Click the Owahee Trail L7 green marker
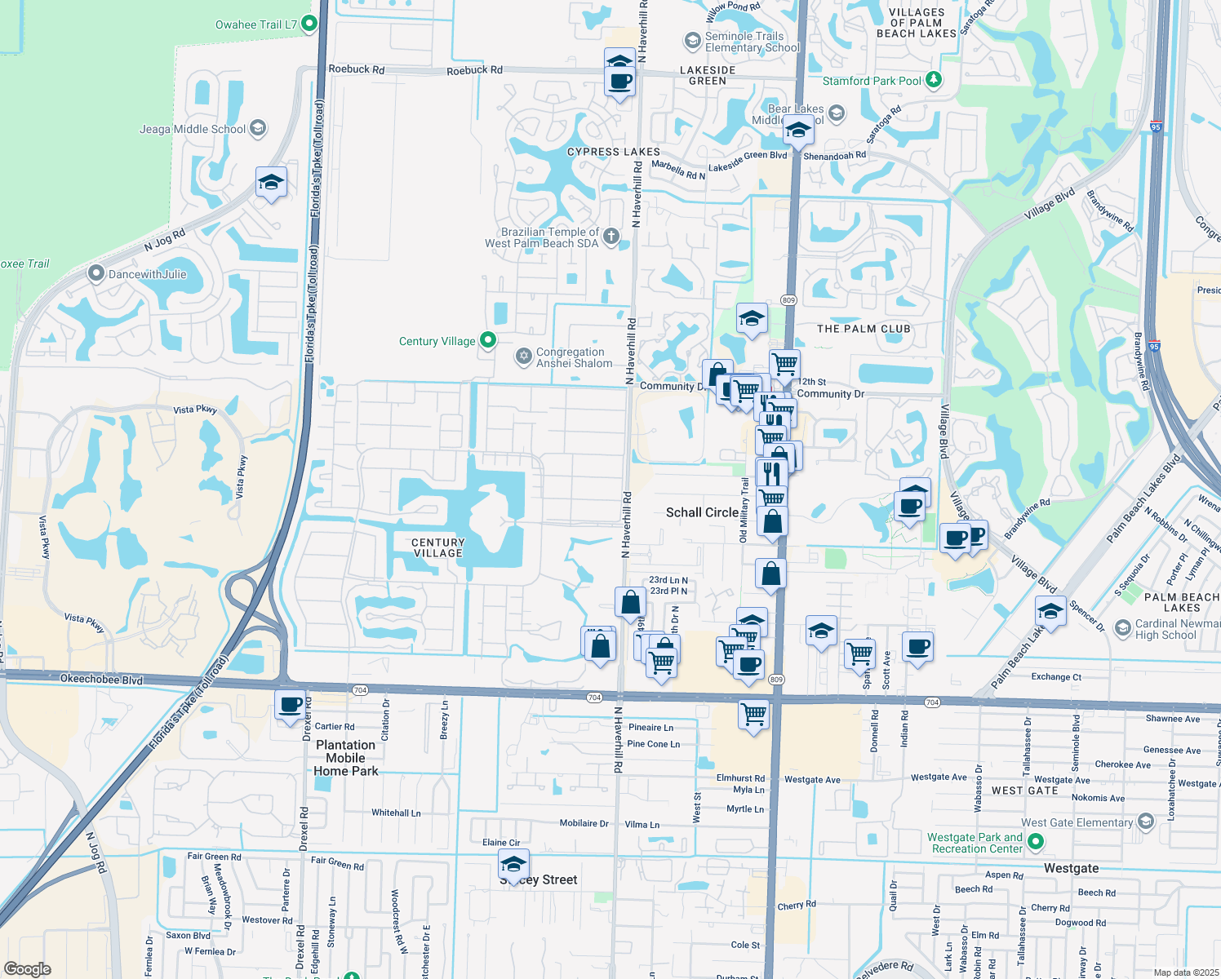[309, 24]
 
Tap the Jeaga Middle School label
[193, 129]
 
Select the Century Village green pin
[488, 340]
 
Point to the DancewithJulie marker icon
[96, 273]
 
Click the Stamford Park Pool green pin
[935, 80]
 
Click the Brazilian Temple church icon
[611, 237]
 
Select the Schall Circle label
[702, 512]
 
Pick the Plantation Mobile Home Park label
[346, 758]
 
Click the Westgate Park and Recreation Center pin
[1036, 841]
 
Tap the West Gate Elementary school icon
[1145, 821]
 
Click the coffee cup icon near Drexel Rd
[290, 704]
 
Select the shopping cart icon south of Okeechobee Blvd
[753, 715]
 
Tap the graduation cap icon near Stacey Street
[513, 864]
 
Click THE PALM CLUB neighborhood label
[864, 329]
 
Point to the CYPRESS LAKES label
[613, 152]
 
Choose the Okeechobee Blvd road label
[101, 680]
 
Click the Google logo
[27, 969]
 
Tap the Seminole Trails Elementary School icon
[692, 41]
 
